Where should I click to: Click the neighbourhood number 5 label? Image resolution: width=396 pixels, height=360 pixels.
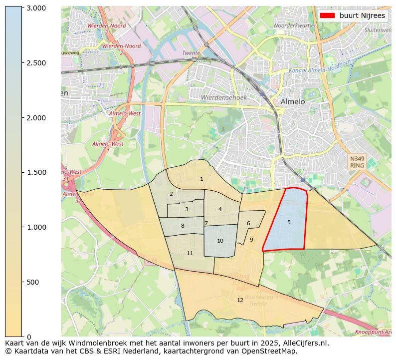[x=289, y=222]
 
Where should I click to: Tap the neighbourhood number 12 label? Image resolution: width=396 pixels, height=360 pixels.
[x=240, y=300]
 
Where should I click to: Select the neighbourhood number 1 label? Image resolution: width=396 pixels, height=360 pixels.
[x=201, y=179]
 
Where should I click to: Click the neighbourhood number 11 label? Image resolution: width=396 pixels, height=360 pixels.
[x=190, y=253]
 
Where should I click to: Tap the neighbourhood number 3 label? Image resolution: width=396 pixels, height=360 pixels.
[x=187, y=209]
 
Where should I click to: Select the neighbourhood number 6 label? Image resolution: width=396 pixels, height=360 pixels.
[x=248, y=223]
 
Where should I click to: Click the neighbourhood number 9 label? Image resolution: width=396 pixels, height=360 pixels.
[x=251, y=240]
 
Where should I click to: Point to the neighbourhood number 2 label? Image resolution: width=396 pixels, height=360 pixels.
[x=171, y=194]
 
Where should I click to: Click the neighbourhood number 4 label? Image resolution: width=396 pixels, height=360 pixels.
[x=220, y=209]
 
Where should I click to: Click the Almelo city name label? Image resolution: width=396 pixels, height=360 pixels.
[x=293, y=101]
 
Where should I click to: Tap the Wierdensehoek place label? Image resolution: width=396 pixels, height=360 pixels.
[x=224, y=97]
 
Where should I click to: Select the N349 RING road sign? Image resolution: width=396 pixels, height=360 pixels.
[x=357, y=162]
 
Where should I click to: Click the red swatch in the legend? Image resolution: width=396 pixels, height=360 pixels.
[x=328, y=15]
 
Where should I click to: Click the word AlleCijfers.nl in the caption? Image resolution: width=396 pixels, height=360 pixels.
[x=306, y=343]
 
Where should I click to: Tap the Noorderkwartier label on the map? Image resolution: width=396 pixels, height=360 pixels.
[x=295, y=25]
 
